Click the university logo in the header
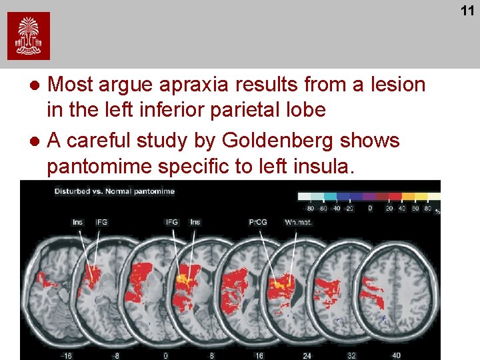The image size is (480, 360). pos(29,36)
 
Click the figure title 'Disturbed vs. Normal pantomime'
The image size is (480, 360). pos(114,191)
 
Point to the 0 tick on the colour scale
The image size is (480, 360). pos(370,208)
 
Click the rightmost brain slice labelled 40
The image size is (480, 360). pos(393,293)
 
